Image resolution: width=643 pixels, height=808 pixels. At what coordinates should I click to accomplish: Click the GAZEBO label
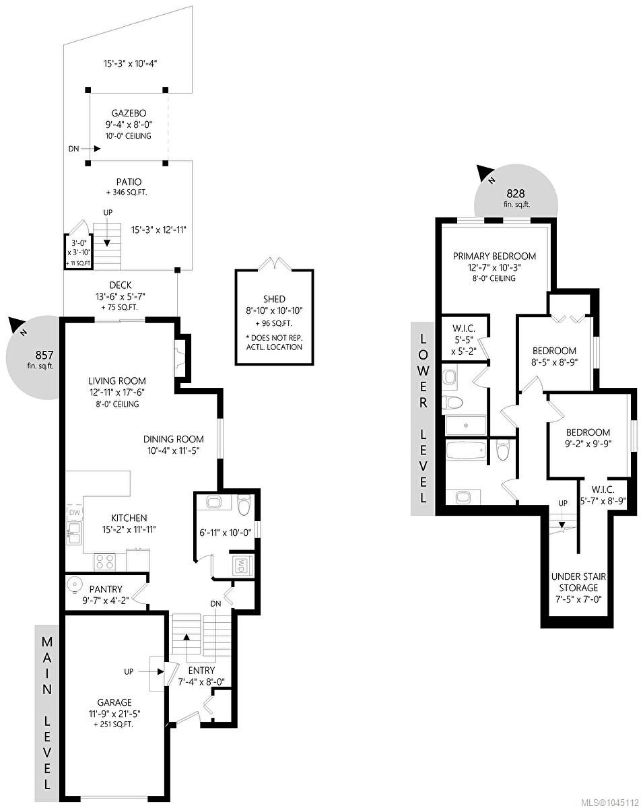(129, 113)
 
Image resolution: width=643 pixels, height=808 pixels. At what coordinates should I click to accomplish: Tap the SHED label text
(274, 299)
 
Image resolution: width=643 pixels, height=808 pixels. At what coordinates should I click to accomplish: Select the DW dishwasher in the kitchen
(74, 512)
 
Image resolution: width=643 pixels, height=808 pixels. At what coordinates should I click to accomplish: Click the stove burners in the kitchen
(104, 562)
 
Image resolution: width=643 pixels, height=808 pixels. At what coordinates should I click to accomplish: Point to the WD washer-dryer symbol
(242, 565)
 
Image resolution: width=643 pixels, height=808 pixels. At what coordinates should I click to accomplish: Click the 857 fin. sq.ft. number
(44, 355)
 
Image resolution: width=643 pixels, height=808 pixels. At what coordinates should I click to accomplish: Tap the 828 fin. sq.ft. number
(515, 193)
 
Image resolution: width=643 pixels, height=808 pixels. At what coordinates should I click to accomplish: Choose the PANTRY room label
(106, 589)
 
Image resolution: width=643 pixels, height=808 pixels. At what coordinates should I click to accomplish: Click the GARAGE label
(114, 702)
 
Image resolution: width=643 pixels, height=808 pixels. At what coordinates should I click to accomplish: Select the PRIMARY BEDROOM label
(494, 256)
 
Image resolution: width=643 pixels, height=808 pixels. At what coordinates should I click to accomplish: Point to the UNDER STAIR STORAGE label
(578, 582)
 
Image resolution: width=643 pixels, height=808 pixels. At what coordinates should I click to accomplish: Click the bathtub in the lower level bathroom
(466, 450)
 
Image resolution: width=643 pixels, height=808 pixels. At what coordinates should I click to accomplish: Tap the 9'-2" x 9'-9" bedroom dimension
(588, 444)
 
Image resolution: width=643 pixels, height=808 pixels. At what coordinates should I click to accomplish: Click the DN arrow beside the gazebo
(90, 149)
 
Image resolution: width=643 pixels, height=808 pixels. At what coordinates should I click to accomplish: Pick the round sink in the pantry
(75, 584)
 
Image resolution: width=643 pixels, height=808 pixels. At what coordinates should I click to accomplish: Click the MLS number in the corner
(610, 803)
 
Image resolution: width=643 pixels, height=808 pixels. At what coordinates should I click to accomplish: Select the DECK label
(121, 285)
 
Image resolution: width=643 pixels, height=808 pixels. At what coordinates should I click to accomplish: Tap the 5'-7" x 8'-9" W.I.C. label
(603, 500)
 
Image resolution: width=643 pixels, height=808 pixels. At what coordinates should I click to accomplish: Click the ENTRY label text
(201, 670)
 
